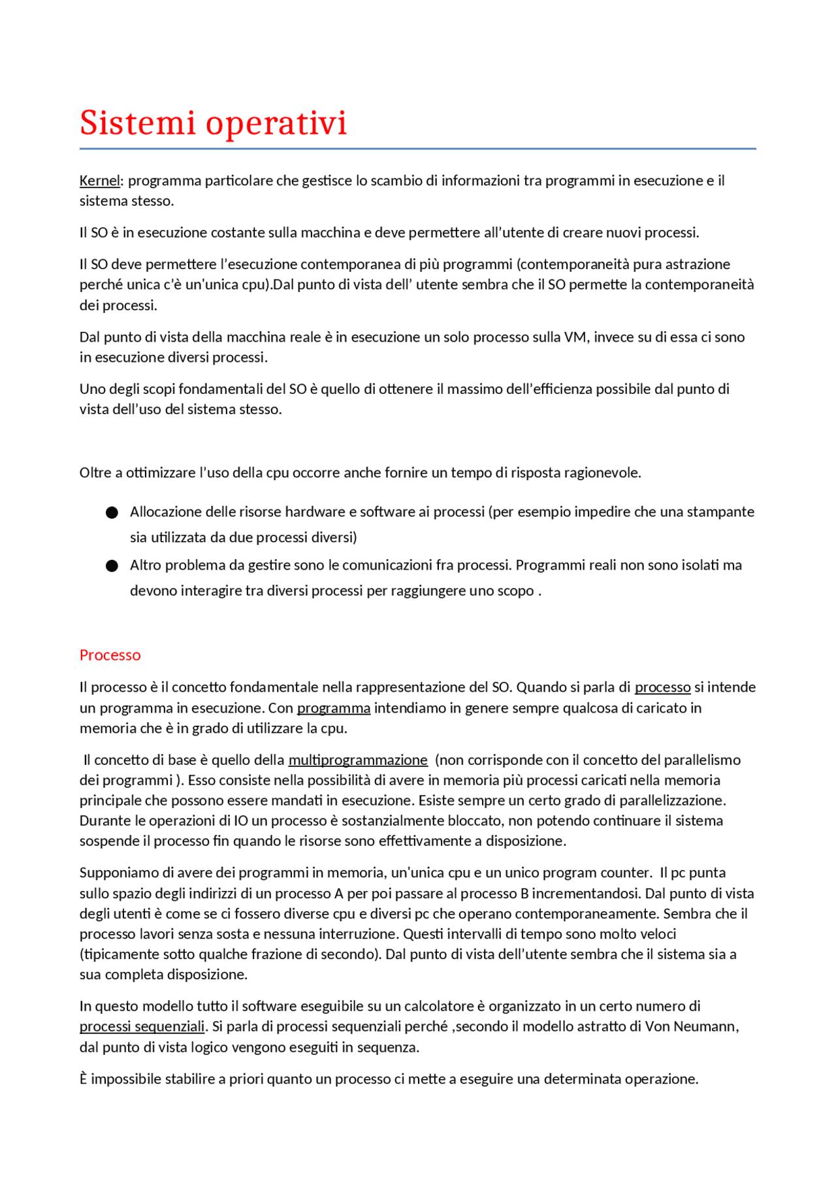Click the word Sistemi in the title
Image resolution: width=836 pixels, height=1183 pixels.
[137, 123]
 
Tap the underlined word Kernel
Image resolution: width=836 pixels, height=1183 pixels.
[99, 180]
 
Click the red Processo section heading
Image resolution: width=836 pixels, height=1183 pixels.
[110, 655]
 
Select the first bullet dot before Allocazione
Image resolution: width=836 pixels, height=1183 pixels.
[112, 513]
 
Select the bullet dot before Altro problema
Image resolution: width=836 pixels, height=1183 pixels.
[112, 566]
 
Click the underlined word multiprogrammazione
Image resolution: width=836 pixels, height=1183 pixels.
[358, 760]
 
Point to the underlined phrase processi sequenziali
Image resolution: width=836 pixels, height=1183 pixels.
[142, 1026]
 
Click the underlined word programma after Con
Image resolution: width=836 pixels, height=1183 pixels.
[333, 707]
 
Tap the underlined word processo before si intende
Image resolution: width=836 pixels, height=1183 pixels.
[662, 687]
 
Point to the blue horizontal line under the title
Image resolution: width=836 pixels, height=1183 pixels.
[418, 149]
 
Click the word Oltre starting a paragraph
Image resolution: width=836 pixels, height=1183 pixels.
[95, 472]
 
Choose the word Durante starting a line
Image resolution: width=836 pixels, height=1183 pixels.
[103, 820]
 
